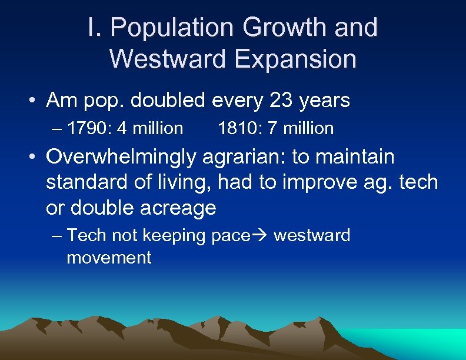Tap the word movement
[x=109, y=257]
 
